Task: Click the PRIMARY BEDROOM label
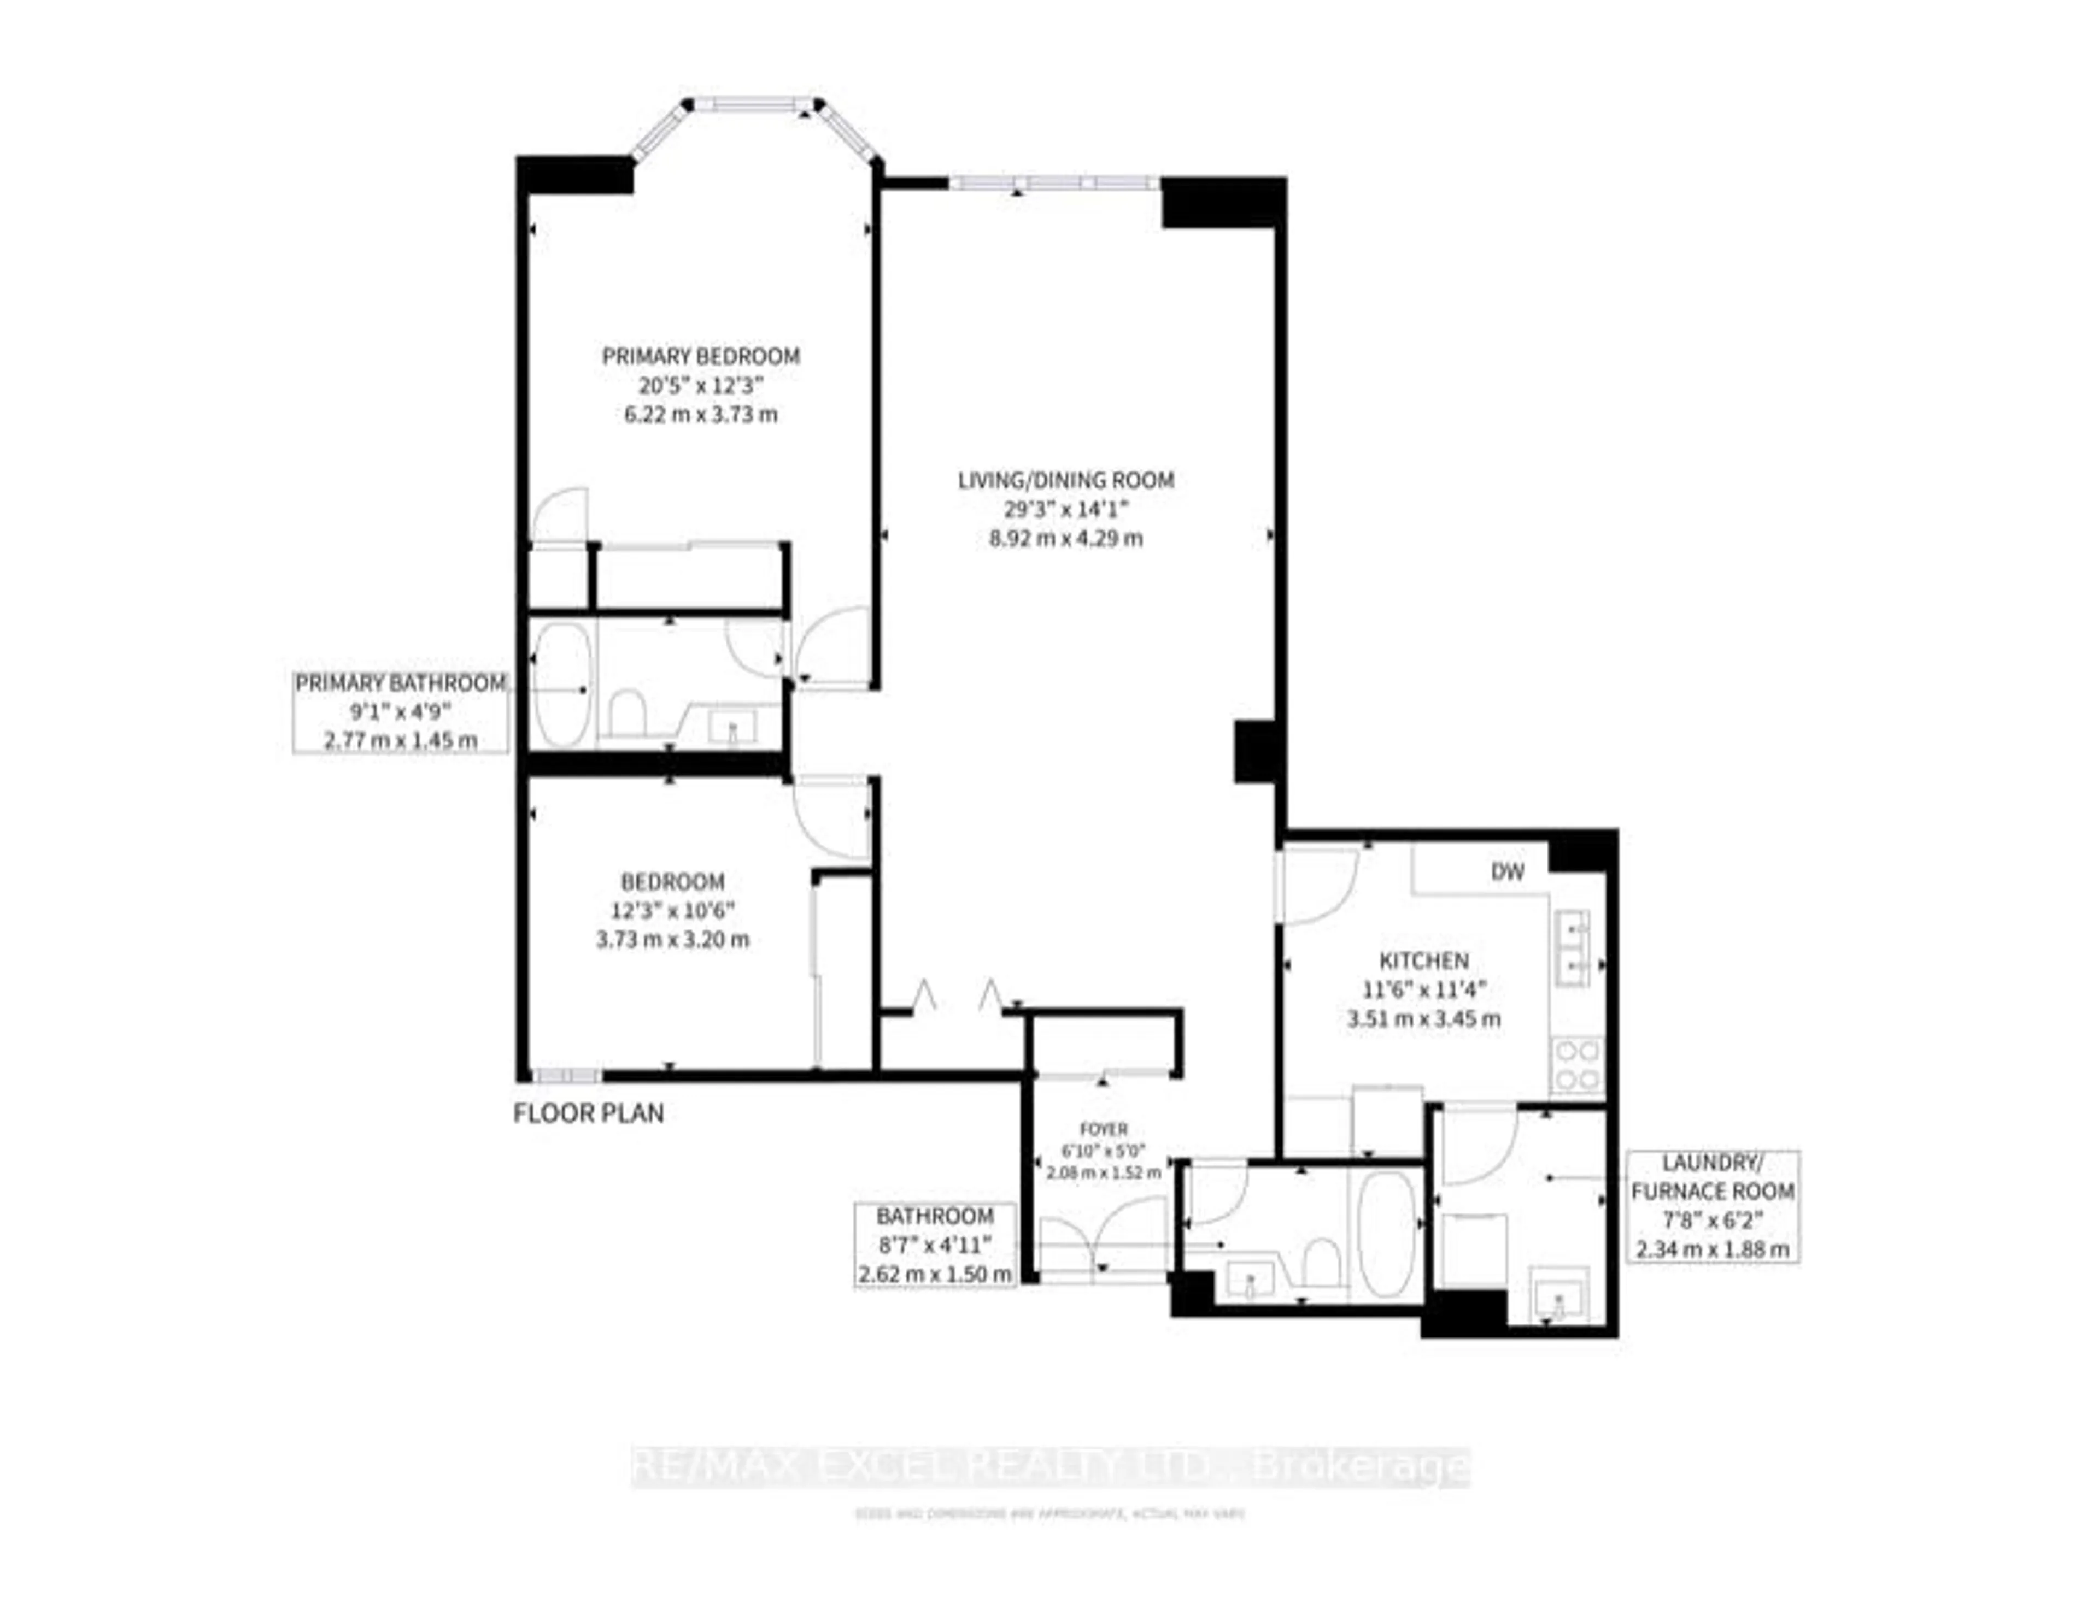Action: [x=701, y=356]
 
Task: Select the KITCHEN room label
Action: [x=1423, y=960]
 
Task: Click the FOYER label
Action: [x=1103, y=1129]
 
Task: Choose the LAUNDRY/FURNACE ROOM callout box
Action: [x=1713, y=1206]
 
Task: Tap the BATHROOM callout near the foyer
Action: [x=935, y=1245]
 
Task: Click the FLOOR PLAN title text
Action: [x=588, y=1113]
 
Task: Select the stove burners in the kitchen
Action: [x=1577, y=1065]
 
